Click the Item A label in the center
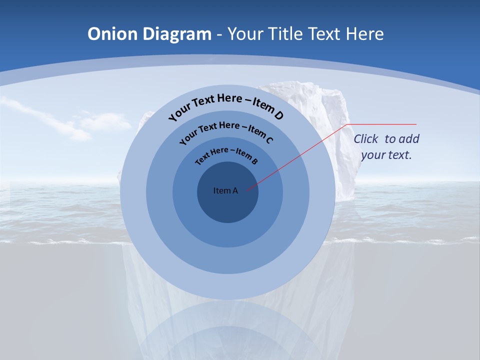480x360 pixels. tap(225, 190)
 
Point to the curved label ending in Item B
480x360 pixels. tap(226, 154)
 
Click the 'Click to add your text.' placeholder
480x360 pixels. tap(386, 147)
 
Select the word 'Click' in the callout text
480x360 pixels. tap(366, 139)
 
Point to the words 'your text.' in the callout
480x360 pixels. tap(386, 155)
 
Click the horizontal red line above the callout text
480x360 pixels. tap(382, 124)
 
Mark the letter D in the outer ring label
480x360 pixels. tap(278, 116)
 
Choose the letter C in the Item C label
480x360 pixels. tap(269, 140)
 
